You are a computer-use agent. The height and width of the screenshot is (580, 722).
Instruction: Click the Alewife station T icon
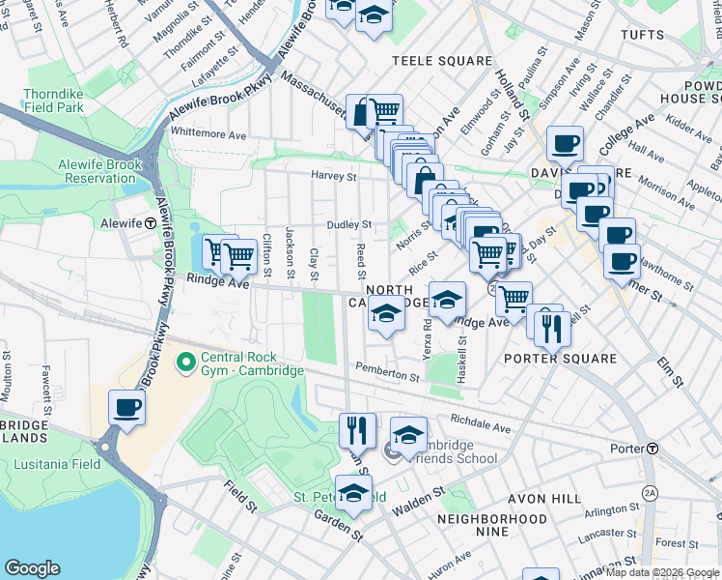coord(151,222)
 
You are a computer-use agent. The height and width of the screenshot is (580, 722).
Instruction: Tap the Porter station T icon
coord(653,449)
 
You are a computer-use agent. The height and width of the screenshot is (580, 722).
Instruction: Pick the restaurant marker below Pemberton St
coord(357,429)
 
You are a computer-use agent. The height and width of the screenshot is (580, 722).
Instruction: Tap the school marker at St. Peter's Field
coord(353,491)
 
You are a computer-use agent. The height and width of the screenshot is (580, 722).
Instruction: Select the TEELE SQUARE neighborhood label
coord(441,61)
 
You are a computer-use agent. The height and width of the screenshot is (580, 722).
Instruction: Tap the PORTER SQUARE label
coord(560,359)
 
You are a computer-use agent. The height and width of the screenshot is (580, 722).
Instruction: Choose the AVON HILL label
coord(544,499)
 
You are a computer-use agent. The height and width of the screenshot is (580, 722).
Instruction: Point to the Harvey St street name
coord(333,177)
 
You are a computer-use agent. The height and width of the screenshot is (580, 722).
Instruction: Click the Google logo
coord(32,568)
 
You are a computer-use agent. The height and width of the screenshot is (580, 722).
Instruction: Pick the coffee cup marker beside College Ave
coord(565,144)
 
